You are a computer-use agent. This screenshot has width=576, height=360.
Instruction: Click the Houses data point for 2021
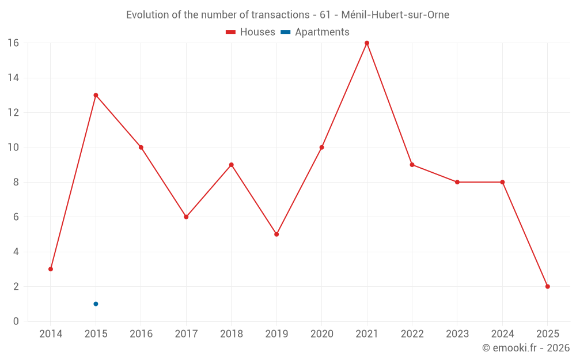(x=367, y=43)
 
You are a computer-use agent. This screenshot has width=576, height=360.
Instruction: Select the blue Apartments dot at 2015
(x=96, y=304)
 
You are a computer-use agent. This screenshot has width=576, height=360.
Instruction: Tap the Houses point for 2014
(x=51, y=269)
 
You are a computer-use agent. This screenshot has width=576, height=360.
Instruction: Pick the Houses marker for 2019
(x=276, y=234)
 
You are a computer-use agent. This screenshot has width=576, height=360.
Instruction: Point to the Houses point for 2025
(x=547, y=286)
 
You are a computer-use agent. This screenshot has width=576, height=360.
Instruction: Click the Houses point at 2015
(x=96, y=95)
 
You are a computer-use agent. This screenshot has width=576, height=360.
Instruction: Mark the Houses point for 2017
(x=186, y=217)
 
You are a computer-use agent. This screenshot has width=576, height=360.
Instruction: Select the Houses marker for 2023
(x=457, y=182)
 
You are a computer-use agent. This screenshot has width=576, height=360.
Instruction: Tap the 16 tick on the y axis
(x=13, y=43)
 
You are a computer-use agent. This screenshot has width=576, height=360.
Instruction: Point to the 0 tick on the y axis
(x=16, y=321)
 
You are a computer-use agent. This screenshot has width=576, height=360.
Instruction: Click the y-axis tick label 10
(x=13, y=147)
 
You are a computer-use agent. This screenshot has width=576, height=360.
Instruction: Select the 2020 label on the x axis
(x=321, y=334)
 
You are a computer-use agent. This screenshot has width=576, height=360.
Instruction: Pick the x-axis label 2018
(x=231, y=334)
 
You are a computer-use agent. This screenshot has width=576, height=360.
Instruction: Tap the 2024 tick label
(x=502, y=334)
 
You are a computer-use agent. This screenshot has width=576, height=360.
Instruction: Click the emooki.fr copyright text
(x=526, y=348)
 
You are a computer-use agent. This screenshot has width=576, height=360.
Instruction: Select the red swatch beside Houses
(x=230, y=32)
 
